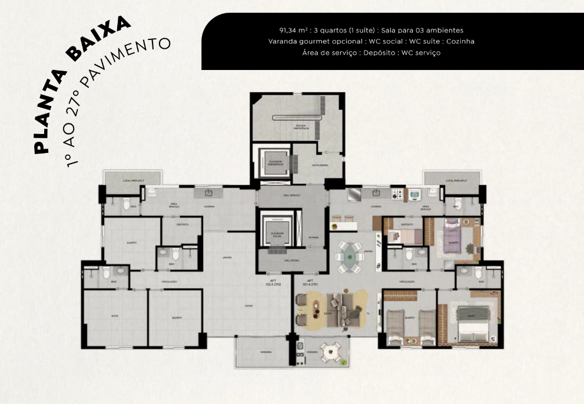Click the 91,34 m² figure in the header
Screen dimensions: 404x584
click(293, 30)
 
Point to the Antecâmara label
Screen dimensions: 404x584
click(320, 165)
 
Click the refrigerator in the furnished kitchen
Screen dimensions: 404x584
click(355, 193)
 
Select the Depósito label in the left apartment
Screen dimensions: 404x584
click(182, 225)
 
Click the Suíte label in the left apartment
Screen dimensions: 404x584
click(115, 315)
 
